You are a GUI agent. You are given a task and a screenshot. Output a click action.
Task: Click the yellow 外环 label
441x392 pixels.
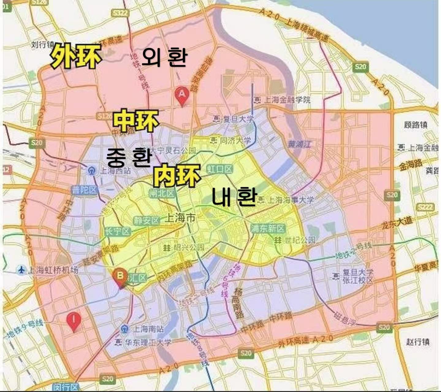[x=76, y=56]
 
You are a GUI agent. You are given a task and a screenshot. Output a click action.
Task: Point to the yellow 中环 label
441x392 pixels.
[x=136, y=121]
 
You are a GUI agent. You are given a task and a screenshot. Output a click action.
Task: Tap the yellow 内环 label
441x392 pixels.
[x=177, y=175]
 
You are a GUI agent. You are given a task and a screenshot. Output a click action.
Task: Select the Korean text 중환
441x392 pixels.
[x=129, y=156]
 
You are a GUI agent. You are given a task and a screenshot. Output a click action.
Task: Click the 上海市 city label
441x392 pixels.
[x=180, y=218]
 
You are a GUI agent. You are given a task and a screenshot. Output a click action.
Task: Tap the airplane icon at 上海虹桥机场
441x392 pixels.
[x=21, y=270]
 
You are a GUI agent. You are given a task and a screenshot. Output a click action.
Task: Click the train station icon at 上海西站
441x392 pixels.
[x=91, y=170]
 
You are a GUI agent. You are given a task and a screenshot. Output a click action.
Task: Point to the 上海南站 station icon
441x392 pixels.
[x=124, y=329]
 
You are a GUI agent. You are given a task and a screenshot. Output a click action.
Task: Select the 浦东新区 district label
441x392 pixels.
[x=268, y=228]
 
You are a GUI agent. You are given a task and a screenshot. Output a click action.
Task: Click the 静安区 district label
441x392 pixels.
[x=146, y=220]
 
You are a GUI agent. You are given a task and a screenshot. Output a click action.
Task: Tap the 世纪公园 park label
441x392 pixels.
[x=295, y=240]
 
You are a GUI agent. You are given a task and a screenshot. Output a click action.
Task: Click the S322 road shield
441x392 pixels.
[x=120, y=13]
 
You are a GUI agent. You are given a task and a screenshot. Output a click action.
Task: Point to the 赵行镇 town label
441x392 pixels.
[x=418, y=342]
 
